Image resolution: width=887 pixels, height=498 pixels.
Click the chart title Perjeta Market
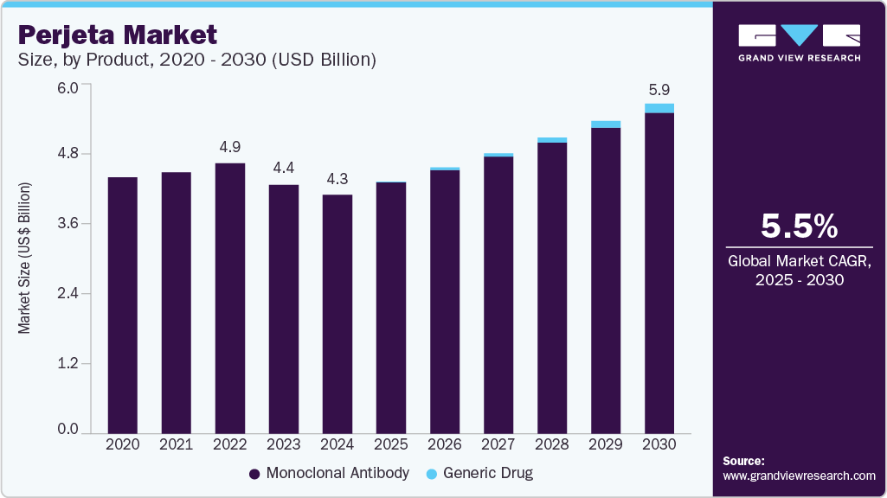point(117,35)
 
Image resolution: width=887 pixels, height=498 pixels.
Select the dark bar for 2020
point(122,303)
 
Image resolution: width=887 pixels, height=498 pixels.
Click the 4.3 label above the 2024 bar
point(337,179)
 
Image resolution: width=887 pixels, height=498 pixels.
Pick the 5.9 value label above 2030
point(659,89)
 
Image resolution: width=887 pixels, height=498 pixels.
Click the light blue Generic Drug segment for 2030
point(659,108)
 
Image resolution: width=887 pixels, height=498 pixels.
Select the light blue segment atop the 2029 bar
point(606,124)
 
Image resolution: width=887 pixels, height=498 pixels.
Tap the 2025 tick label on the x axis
point(391,444)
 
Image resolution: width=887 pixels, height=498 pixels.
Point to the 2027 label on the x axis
point(498,444)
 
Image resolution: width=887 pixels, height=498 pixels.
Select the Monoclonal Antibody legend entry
point(329,473)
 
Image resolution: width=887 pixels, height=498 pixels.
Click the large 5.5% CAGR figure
point(799,226)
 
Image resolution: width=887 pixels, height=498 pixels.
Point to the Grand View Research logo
point(799,42)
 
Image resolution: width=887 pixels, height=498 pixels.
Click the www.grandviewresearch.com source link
point(799,476)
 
